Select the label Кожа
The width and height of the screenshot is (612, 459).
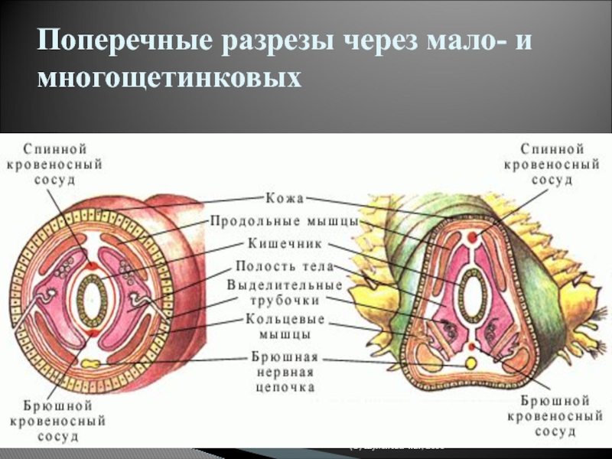click(285, 198)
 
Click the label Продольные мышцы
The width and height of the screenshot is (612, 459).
click(285, 222)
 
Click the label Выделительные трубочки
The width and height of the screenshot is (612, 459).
click(285, 291)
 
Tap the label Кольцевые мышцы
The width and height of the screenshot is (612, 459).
click(285, 327)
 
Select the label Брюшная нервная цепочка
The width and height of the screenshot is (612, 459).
click(285, 372)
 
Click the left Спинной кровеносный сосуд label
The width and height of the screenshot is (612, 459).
click(54, 162)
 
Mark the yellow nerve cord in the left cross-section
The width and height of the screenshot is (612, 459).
click(92, 363)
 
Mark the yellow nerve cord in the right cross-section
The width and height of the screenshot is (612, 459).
click(472, 360)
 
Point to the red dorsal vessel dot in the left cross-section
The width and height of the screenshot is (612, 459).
click(93, 265)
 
